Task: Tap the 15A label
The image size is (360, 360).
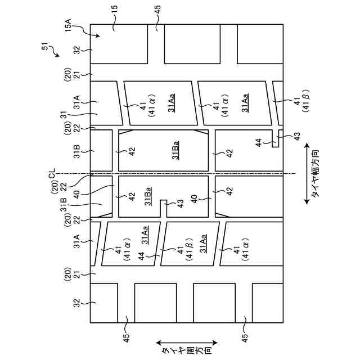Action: coord(67,26)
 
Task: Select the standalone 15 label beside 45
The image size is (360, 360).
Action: coord(114,25)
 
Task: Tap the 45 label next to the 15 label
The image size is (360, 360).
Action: coord(157,25)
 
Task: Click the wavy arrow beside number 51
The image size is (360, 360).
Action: coord(55,53)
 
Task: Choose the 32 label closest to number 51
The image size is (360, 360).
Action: coord(79,50)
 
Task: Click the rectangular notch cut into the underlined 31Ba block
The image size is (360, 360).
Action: coord(164,209)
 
